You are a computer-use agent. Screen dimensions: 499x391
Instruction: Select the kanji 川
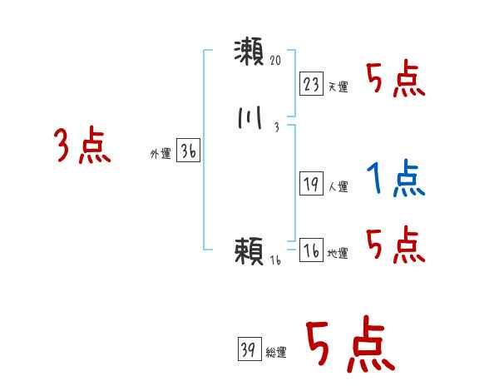pos(249,119)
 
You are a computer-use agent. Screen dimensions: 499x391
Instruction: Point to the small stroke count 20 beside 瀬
pos(277,62)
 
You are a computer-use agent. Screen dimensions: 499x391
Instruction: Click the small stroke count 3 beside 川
pos(275,128)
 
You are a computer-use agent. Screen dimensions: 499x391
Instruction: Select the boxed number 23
pos(312,84)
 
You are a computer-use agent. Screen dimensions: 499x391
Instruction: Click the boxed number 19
pos(312,185)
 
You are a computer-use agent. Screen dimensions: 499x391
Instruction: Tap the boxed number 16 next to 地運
pos(312,250)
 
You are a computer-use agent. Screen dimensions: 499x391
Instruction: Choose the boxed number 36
pos(188,151)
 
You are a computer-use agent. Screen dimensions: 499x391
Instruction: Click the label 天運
pos(338,87)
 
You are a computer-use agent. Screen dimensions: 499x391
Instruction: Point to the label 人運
pos(338,187)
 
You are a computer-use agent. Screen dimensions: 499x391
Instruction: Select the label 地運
pos(338,253)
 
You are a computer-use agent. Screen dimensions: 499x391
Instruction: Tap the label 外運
pos(160,154)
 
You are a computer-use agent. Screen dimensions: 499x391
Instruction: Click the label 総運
pos(276,352)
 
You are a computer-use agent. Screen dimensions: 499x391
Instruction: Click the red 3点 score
pos(82,146)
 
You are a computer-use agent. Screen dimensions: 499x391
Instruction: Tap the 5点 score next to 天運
pos(395,79)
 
